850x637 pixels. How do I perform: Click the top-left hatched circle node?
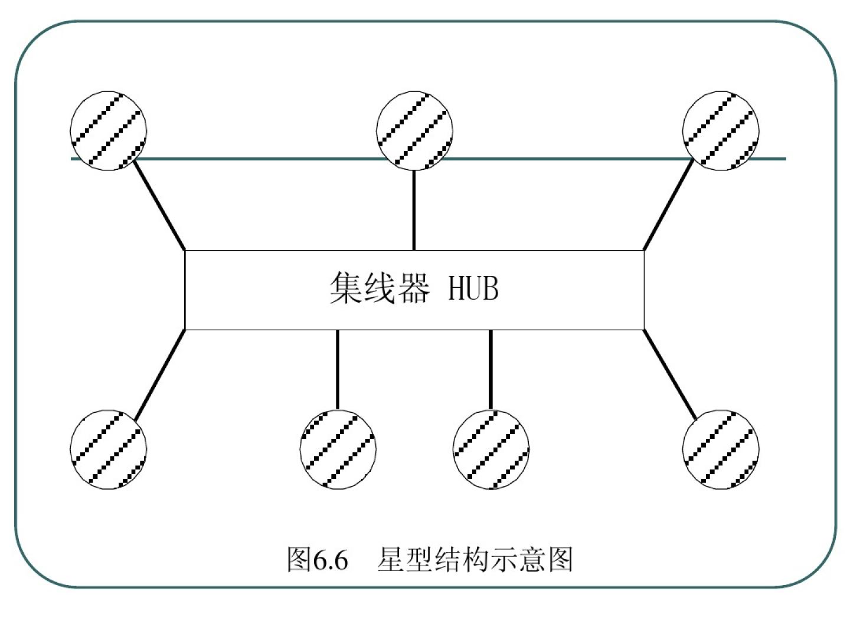pos(108,131)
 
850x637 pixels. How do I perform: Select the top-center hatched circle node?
pos(414,131)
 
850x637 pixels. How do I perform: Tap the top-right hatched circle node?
pos(720,131)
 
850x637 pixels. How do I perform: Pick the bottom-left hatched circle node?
pos(108,449)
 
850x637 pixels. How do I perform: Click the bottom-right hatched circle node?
pos(720,449)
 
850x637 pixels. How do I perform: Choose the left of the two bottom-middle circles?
pos(338,449)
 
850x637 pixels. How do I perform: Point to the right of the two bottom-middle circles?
pos(491,449)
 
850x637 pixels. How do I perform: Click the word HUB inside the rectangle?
pos(473,289)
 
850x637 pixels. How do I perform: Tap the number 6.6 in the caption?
pos(331,559)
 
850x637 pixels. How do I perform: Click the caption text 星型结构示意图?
pos(475,559)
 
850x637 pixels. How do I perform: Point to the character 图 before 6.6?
pos(299,559)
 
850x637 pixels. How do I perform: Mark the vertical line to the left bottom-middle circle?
pos(338,369)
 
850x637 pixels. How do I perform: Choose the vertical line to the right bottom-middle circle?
pos(491,369)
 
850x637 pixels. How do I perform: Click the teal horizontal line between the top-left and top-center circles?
pos(260,159)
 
